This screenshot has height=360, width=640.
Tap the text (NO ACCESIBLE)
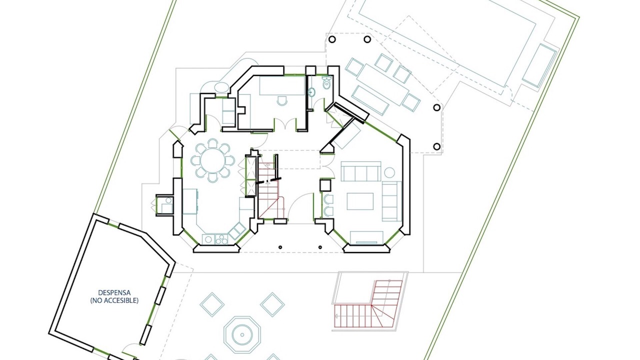tap(114, 300)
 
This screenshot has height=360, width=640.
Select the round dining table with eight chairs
tap(212, 160)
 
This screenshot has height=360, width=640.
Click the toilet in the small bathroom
tap(326, 83)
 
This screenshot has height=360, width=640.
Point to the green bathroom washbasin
tap(311, 92)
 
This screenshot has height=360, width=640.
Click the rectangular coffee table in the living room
tap(360, 201)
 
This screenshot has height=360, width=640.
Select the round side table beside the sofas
tap(389, 172)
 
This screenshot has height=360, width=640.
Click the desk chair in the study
tap(282, 100)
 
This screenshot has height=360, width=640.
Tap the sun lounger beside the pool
tap(539, 65)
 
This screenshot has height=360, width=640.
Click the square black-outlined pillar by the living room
tap(325, 185)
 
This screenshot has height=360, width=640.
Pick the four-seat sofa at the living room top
tap(361, 171)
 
